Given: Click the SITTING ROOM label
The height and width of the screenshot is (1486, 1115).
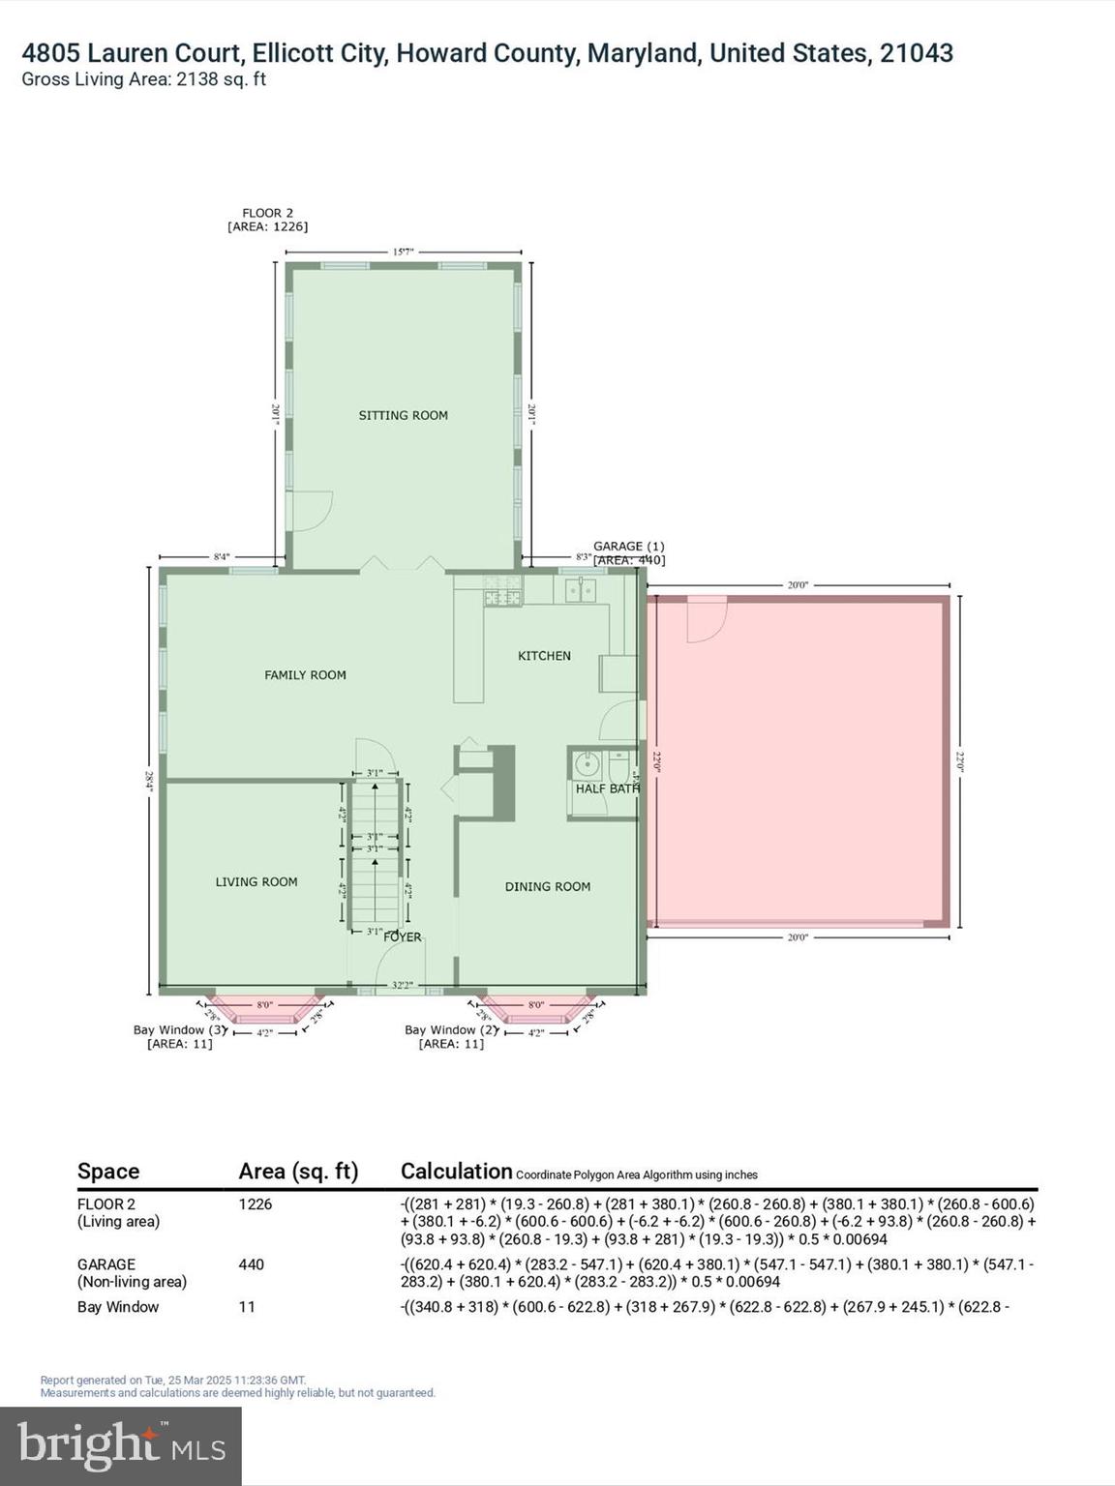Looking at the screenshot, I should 403,415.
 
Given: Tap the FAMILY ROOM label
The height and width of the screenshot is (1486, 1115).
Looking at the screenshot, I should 305,675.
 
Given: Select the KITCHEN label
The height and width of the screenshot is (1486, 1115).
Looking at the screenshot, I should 544,656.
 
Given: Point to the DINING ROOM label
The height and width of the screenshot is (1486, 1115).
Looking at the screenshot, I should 547,886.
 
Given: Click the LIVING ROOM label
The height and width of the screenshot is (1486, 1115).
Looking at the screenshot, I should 256,881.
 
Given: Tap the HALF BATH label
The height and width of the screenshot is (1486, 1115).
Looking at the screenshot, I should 607,788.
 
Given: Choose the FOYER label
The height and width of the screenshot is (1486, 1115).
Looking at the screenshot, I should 403,936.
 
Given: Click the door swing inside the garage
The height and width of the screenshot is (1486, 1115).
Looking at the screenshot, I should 705,619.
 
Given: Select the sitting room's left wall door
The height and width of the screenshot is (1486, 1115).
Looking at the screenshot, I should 311,510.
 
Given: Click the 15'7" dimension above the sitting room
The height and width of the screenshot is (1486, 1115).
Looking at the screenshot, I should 403,252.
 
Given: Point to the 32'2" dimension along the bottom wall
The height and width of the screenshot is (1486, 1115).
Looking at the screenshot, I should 402,986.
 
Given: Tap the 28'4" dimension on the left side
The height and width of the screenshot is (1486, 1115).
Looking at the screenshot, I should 149,780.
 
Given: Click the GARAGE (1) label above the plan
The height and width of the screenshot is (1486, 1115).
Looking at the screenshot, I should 628,547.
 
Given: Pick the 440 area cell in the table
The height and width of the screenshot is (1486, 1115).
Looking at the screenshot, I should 251,1264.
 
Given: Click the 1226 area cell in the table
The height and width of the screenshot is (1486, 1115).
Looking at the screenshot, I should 255,1204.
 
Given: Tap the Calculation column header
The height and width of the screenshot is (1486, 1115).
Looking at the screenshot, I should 456,1172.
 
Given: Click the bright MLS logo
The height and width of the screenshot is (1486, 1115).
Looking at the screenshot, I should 121,1446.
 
